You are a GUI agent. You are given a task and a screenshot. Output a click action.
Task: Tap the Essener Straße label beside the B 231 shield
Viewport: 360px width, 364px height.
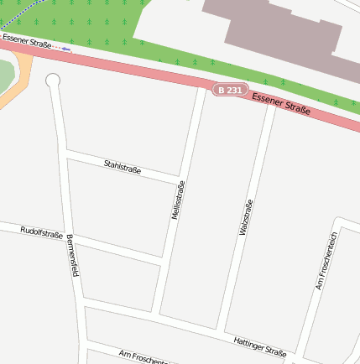tap(281, 103)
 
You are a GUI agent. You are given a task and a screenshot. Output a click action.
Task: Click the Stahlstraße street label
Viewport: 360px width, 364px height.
tap(122, 168)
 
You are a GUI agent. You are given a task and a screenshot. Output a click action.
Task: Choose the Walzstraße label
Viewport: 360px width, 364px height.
tap(246, 217)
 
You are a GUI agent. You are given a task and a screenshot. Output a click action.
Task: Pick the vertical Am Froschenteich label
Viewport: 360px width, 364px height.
tap(326, 261)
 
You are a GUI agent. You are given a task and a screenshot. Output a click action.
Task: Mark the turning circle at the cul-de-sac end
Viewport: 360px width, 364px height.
tap(53, 80)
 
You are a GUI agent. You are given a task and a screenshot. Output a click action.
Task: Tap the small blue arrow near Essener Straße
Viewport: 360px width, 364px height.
tap(65, 48)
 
